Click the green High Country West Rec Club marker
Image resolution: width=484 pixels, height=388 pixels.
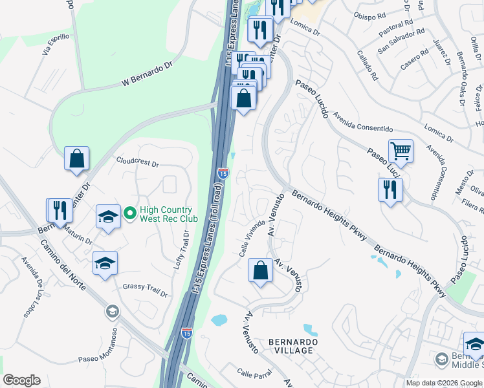[130, 211]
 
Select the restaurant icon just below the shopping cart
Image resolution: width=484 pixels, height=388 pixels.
[390, 190]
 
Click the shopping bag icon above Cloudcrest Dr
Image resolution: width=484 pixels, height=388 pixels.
[76, 158]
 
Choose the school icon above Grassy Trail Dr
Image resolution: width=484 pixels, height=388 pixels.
[105, 263]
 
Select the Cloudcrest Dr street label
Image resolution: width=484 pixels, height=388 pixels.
[137, 161]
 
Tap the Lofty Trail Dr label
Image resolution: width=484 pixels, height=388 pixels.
[182, 252]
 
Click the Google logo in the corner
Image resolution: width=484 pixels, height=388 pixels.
[21, 380]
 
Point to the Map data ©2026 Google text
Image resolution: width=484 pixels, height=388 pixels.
[444, 383]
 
